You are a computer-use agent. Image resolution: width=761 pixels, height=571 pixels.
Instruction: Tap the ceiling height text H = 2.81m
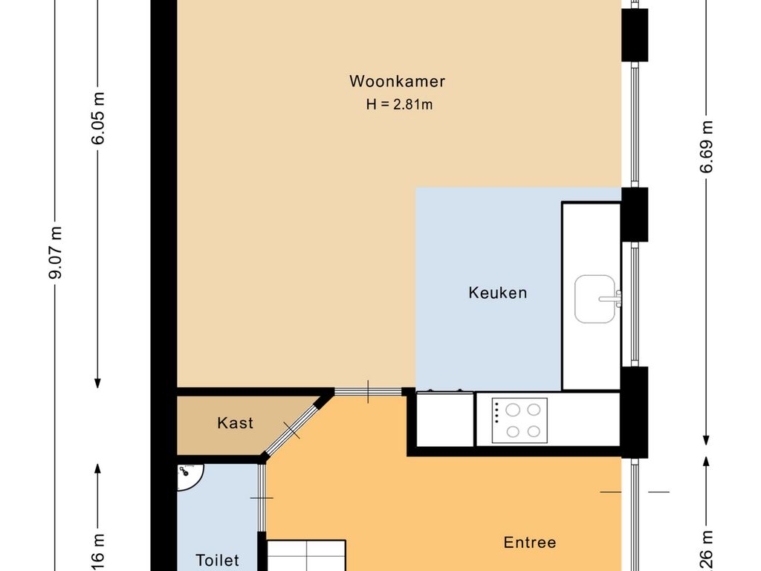(399, 105)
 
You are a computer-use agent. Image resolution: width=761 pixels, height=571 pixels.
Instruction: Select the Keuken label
(497, 292)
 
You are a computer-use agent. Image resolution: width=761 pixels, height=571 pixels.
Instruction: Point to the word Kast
(235, 423)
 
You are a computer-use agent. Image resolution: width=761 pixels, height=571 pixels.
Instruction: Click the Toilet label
(217, 560)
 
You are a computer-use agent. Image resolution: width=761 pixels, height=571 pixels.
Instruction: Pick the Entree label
(529, 543)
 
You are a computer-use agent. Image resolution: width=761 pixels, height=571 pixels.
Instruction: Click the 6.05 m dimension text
(98, 121)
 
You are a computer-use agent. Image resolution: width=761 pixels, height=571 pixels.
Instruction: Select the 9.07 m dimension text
(55, 253)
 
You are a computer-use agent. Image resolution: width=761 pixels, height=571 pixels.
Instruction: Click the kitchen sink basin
(595, 299)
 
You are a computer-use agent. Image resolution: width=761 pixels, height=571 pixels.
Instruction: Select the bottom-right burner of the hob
(533, 430)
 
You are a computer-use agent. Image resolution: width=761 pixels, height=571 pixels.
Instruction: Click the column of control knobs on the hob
(496, 420)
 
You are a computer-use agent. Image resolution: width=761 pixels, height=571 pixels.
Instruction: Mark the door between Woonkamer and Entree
(368, 391)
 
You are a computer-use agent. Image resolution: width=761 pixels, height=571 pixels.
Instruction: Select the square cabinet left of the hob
(444, 419)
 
